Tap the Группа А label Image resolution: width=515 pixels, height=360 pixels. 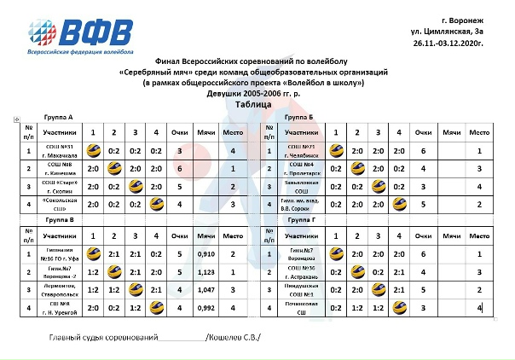coord(58,116)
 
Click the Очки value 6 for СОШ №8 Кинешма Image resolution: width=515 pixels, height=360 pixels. coord(179,170)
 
